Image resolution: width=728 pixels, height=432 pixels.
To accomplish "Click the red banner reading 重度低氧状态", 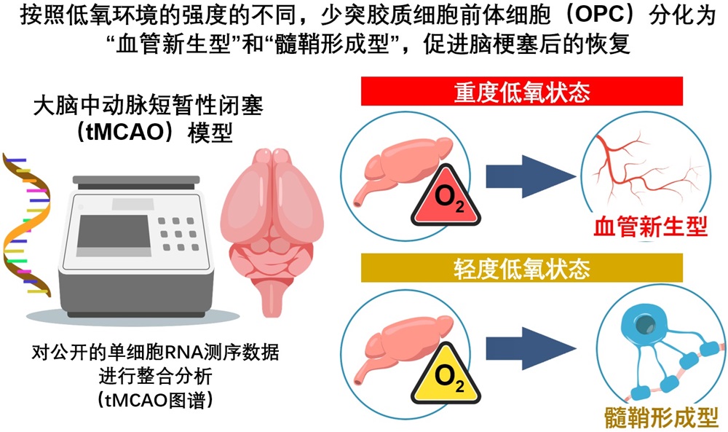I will tap(521, 92).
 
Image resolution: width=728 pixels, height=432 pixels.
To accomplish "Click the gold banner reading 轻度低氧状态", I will tap(521, 268).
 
